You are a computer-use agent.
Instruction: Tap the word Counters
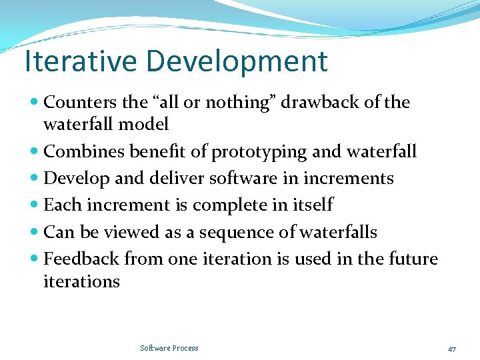coord(80,102)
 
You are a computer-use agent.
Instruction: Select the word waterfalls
coord(338,232)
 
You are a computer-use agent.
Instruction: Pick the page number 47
coord(452,349)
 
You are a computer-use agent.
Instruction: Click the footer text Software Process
coord(169,348)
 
